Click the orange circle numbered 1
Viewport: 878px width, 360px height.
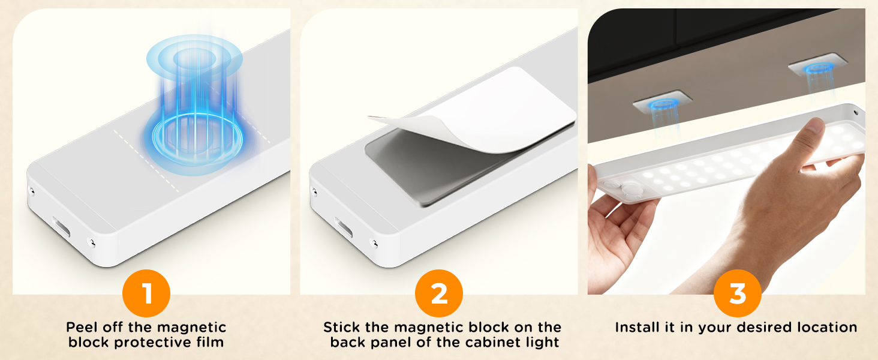click(146, 294)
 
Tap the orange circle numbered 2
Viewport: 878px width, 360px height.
click(439, 294)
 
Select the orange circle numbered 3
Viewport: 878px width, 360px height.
click(738, 294)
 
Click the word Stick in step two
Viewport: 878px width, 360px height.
click(340, 328)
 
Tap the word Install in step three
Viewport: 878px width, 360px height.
click(638, 328)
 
